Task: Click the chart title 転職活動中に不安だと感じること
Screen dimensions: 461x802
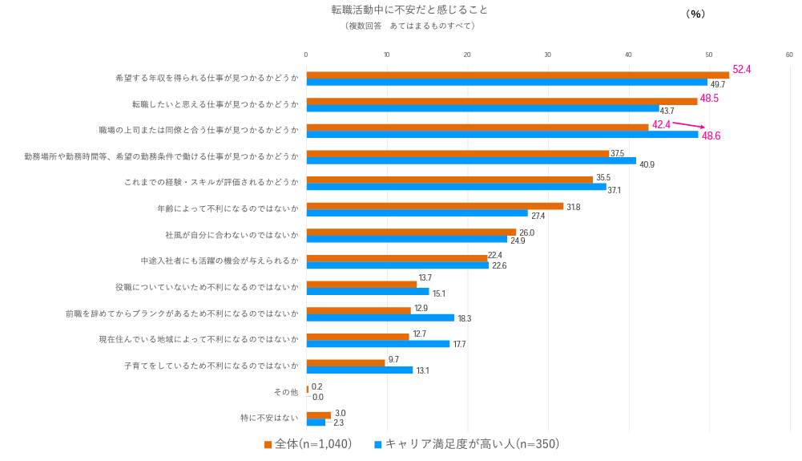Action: pyautogui.click(x=409, y=10)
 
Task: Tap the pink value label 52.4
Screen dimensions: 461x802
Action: pyautogui.click(x=742, y=70)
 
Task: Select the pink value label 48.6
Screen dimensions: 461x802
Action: pyautogui.click(x=711, y=136)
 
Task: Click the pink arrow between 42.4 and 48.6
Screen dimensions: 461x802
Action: pyautogui.click(x=688, y=125)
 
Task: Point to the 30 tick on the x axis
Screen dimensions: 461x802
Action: pyautogui.click(x=548, y=55)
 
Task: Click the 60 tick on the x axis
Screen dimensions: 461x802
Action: pyautogui.click(x=789, y=55)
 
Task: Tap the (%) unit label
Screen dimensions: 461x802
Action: pyautogui.click(x=695, y=14)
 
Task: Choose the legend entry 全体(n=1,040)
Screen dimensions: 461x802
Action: pyautogui.click(x=308, y=444)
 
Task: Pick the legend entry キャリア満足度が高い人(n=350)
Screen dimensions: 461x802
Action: pyautogui.click(x=466, y=444)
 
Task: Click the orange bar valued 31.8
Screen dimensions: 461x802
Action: pyautogui.click(x=434, y=206)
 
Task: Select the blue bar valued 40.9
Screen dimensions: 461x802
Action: pyautogui.click(x=470, y=160)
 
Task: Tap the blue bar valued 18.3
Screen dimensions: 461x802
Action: pyautogui.click(x=380, y=317)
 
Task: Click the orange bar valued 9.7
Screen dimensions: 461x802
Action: pyautogui.click(x=345, y=362)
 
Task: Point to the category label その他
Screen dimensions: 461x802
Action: pyautogui.click(x=286, y=392)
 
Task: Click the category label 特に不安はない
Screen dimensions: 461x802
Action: pyautogui.click(x=269, y=418)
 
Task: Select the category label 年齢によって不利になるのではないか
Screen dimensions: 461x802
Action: pyautogui.click(x=228, y=208)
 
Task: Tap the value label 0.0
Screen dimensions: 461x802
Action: pyautogui.click(x=318, y=397)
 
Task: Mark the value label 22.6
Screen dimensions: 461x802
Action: pyautogui.click(x=499, y=266)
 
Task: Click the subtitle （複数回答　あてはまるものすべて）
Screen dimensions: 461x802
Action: pyautogui.click(x=409, y=26)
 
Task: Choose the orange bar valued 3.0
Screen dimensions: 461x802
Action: pyautogui.click(x=318, y=414)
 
